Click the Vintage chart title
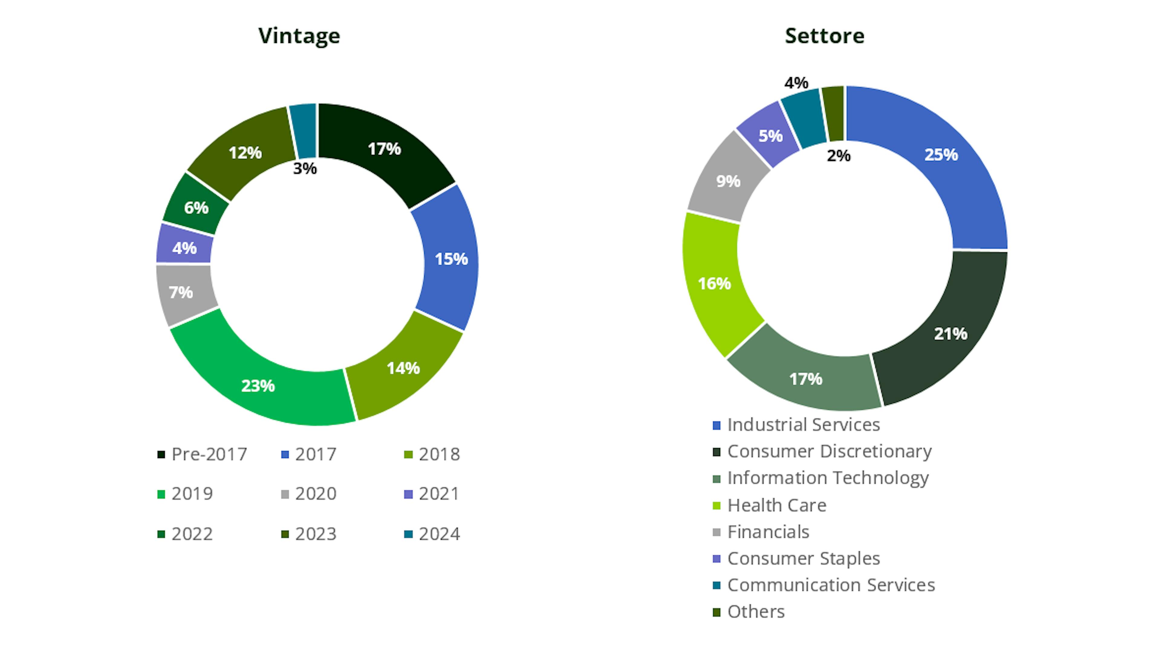(299, 36)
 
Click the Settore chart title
(824, 36)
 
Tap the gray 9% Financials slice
(728, 181)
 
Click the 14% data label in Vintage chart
(403, 368)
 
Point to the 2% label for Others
(838, 156)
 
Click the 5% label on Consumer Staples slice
(770, 136)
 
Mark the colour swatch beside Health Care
(716, 506)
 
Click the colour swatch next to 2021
(408, 494)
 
